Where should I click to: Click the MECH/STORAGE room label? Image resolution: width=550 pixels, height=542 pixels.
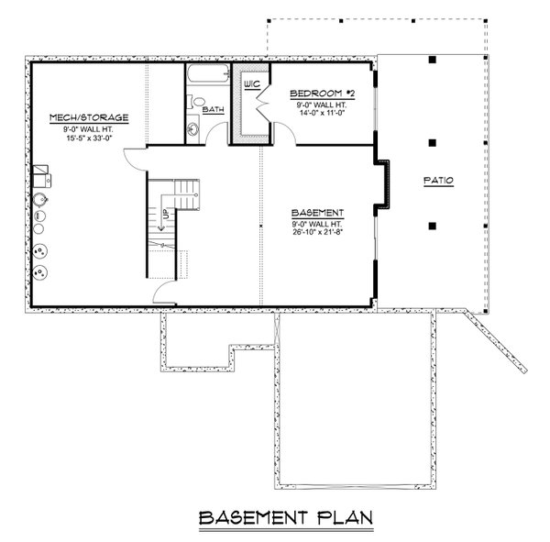[x=88, y=117]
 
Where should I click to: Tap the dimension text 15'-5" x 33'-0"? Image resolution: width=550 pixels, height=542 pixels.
[x=88, y=137]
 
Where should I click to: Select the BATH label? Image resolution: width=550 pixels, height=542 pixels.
[x=213, y=110]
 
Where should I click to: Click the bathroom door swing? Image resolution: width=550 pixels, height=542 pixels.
[x=216, y=136]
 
